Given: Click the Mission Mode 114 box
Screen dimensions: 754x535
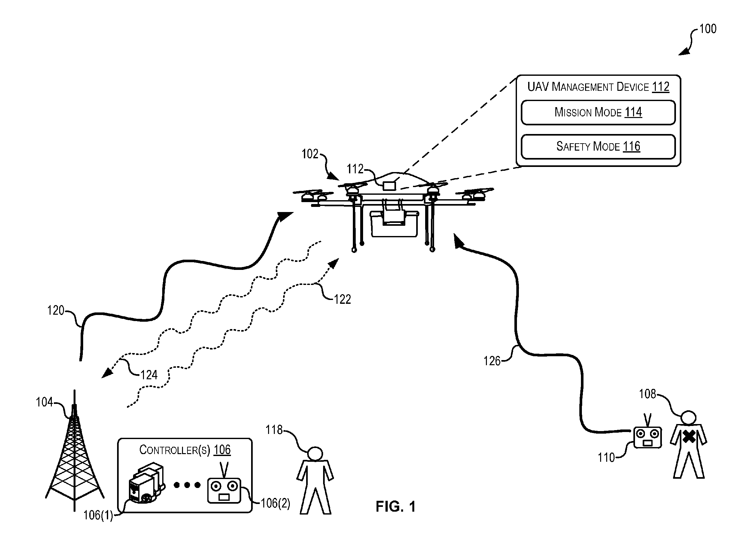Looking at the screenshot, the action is pos(598,112).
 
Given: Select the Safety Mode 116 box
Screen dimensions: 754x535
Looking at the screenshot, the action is pos(598,146).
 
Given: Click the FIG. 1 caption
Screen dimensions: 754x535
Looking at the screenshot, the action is pos(395,506).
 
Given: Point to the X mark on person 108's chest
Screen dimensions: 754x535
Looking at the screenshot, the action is pos(689,437).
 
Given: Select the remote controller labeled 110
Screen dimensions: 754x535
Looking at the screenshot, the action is pos(648,434).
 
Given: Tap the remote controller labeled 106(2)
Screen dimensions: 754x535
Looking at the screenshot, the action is pos(224,487).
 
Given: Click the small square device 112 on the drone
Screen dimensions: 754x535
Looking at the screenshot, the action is pos(389,185).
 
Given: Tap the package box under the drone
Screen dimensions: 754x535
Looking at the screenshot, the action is pos(394,224).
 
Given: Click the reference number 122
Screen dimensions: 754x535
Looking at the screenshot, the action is pos(342,299).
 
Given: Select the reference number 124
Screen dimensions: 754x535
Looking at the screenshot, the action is pos(149,375).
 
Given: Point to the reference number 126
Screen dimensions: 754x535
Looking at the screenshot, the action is pos(492,361).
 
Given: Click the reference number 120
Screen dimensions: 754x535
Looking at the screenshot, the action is pos(56,310).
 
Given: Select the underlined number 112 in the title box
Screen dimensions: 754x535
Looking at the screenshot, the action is pos(660,87).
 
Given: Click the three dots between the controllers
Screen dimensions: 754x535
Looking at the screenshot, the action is pos(187,485).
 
